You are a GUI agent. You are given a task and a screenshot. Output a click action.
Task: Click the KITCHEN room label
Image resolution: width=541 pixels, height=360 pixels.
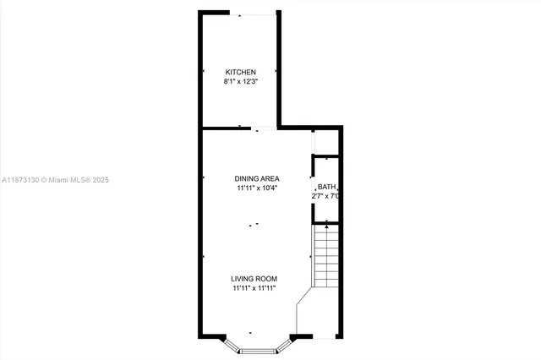[240, 72]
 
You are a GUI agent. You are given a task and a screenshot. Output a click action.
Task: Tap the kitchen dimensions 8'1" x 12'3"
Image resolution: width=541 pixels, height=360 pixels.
[240, 82]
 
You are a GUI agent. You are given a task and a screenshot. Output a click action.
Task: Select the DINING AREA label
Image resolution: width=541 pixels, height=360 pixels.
[257, 178]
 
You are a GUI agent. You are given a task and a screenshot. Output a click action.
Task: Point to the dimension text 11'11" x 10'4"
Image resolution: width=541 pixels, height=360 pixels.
[257, 188]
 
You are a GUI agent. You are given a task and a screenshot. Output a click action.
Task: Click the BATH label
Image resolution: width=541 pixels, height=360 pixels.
[326, 187]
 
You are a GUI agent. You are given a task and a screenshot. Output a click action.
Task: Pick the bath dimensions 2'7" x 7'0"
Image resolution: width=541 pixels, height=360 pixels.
[325, 196]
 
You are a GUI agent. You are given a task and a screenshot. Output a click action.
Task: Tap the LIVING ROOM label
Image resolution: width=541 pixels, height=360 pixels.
[254, 279]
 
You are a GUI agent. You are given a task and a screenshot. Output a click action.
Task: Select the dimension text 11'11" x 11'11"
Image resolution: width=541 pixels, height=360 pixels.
[254, 289]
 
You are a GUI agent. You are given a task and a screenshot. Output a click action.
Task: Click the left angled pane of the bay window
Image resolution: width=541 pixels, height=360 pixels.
[231, 344]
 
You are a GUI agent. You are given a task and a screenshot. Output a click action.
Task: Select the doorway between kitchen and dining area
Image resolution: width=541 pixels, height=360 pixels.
[264, 128]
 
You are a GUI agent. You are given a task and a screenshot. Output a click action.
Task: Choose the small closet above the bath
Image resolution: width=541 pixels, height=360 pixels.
[326, 142]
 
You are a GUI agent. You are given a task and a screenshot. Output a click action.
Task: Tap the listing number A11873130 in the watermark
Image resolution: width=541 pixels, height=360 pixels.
[20, 180]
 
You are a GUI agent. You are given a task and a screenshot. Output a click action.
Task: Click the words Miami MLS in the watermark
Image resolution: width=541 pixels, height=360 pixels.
[69, 180]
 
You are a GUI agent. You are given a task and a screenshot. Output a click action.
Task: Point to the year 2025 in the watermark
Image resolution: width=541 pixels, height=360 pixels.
[101, 180]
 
